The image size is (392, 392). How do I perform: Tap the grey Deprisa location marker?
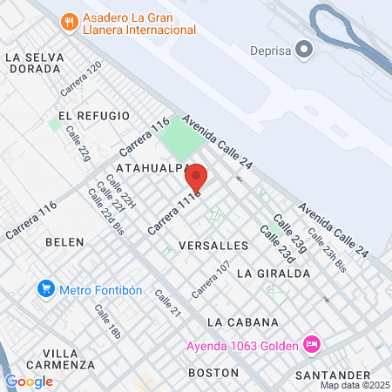click(x=304, y=50)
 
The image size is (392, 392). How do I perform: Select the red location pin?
click(x=196, y=179)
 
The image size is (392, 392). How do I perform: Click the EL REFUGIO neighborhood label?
click(x=93, y=116)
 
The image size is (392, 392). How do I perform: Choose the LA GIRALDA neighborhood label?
click(x=273, y=273)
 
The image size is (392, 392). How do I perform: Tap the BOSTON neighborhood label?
click(x=213, y=372)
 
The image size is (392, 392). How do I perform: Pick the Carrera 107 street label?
click(x=211, y=277)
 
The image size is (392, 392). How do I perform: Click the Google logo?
click(x=29, y=381)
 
